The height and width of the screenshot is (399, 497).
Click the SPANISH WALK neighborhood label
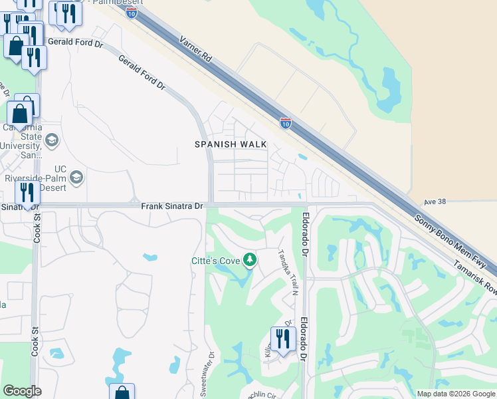pos(231,144)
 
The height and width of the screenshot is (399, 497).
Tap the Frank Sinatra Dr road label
pos(171,207)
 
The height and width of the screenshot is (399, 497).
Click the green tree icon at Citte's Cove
pos(250,259)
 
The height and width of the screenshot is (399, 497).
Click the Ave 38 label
pos(436,201)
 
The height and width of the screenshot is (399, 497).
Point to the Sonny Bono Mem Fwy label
pos(451,243)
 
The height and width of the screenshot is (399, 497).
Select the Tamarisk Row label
pos(474,279)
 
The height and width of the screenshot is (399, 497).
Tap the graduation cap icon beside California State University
pos(52,140)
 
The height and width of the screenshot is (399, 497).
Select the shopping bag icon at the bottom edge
pos(122,392)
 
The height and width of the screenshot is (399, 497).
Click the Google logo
pos(22,391)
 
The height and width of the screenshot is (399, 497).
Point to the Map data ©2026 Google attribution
pos(455,394)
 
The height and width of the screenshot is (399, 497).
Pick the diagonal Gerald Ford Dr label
pos(142,72)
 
